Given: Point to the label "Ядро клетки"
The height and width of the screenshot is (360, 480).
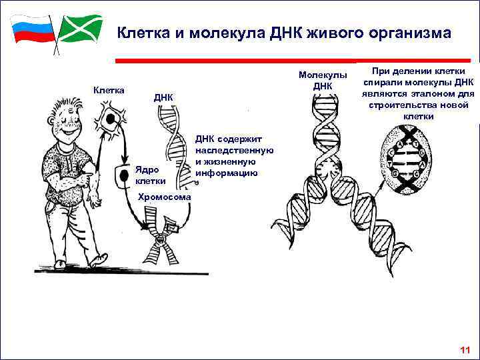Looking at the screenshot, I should [x=150, y=175].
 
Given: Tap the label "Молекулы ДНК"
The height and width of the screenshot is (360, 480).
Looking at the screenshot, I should [x=323, y=80].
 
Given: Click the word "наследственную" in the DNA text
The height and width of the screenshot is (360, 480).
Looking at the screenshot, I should [x=234, y=151].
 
